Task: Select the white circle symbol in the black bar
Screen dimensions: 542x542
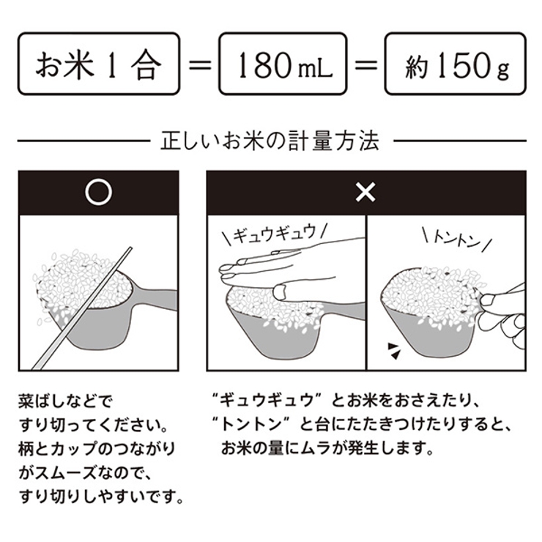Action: pos(98,193)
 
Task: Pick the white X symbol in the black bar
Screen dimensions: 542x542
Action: pos(365,193)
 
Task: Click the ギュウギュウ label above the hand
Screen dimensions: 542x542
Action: pos(274,234)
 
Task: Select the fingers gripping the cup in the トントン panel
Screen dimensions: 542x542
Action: pos(505,308)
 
